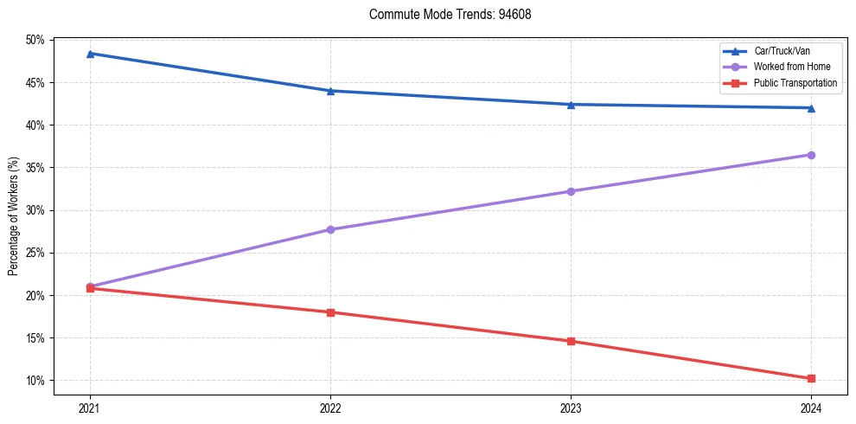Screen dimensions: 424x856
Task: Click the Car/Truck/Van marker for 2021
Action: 90,54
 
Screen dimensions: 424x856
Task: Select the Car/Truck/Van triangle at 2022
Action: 330,91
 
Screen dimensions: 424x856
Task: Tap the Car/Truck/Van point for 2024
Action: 811,108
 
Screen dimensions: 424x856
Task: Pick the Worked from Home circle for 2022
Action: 330,229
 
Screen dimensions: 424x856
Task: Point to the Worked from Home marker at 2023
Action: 571,191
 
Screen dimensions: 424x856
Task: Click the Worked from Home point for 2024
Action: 811,155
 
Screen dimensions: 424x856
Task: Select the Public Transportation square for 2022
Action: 330,312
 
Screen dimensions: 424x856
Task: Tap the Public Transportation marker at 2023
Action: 571,341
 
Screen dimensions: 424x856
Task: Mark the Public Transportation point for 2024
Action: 811,378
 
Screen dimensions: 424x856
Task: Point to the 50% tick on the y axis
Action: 35,41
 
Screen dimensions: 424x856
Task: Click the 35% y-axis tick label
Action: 35,168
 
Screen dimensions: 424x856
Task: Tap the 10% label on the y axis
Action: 35,381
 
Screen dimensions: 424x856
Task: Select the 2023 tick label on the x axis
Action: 571,407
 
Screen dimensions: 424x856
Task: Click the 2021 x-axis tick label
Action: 90,407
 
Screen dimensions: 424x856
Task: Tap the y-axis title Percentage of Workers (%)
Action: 14,215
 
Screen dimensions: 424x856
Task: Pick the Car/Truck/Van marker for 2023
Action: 571,105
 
